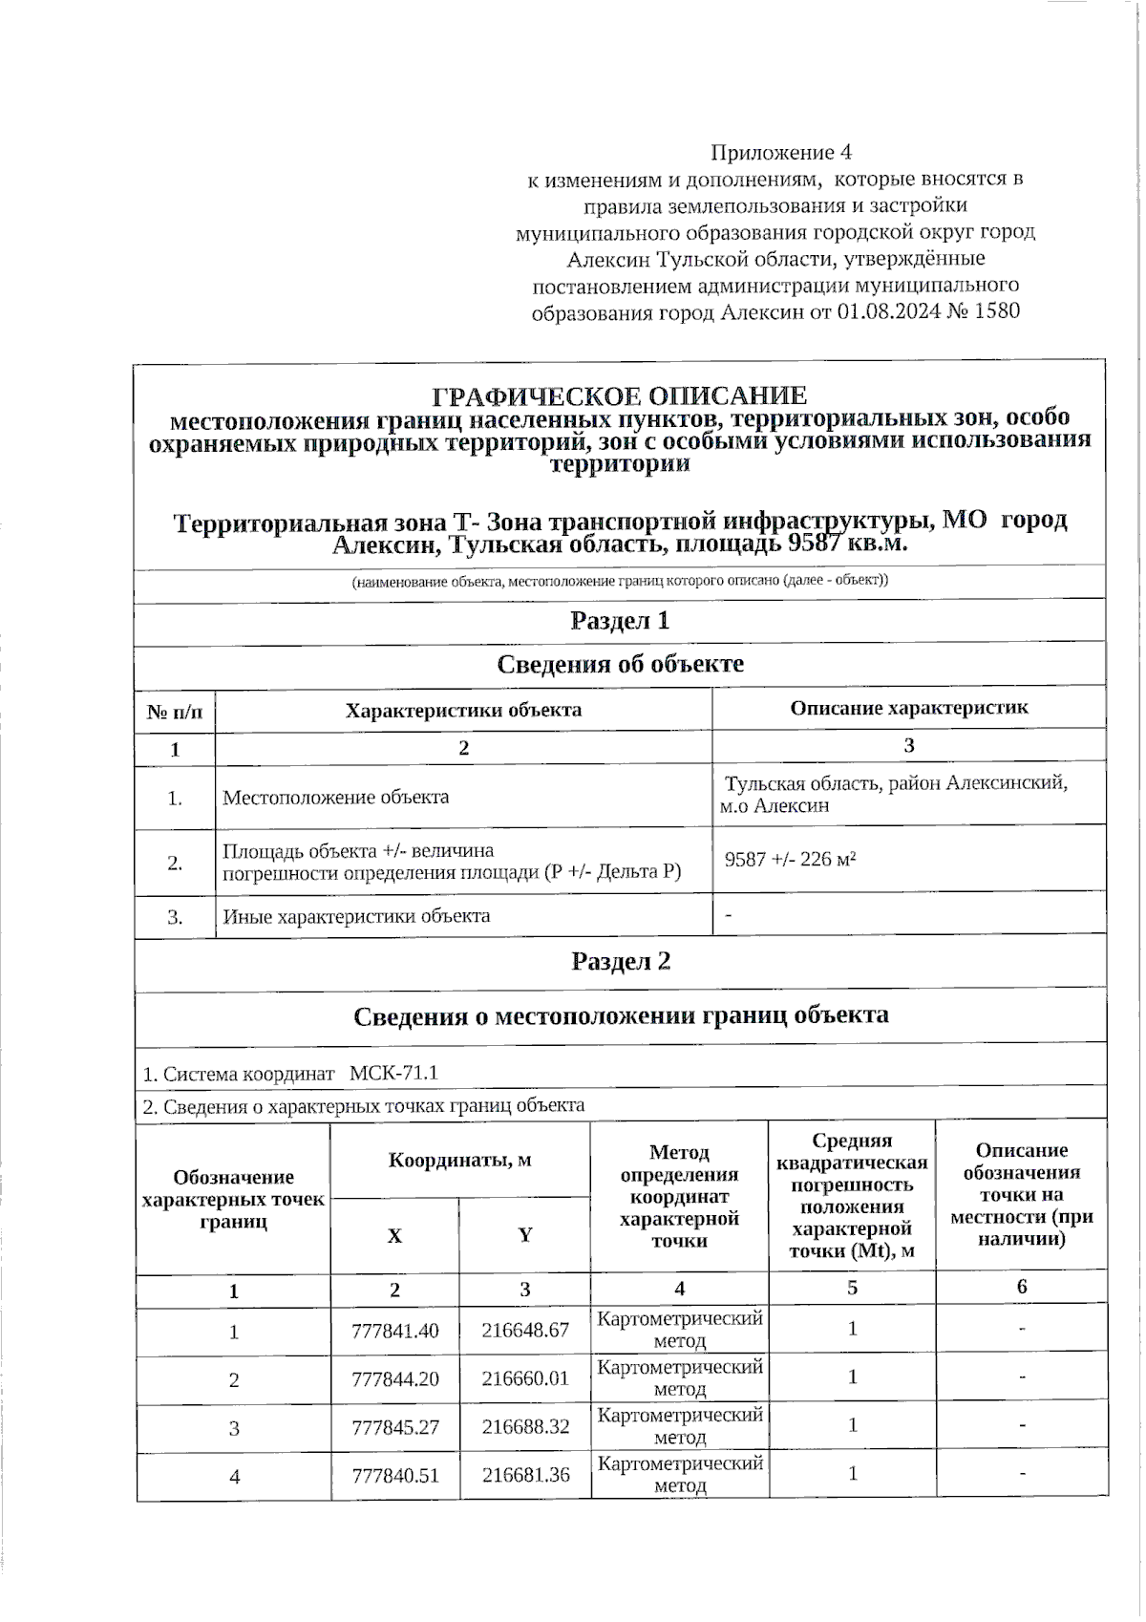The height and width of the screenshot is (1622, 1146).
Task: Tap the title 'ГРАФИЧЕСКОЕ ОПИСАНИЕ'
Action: [x=620, y=396]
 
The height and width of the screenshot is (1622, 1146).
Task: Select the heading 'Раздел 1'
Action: [x=620, y=621]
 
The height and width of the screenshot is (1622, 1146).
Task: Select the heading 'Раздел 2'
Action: [x=621, y=961]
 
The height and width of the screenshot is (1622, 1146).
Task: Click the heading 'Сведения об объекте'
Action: [x=620, y=664]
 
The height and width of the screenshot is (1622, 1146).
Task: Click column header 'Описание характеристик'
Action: [x=908, y=708]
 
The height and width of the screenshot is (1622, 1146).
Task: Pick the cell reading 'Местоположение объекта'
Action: [x=335, y=798]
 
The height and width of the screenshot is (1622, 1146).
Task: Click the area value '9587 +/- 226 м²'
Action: [x=790, y=860]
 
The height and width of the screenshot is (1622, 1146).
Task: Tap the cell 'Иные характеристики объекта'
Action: [x=356, y=916]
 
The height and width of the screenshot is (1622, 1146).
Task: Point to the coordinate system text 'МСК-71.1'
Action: [x=393, y=1073]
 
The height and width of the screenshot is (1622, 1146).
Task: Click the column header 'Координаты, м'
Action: [x=459, y=1161]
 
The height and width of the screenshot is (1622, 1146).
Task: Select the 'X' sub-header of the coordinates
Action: [x=394, y=1236]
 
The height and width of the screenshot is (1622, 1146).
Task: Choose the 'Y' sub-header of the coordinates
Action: [x=524, y=1235]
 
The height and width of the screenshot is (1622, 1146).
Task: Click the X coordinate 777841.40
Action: [x=395, y=1331]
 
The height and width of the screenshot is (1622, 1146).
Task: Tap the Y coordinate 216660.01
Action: [x=525, y=1379]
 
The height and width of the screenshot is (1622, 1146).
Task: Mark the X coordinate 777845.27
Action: [x=395, y=1427]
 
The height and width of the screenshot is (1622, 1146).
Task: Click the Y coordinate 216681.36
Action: [x=525, y=1476]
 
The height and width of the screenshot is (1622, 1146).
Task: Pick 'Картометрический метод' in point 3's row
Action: [x=680, y=1426]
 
